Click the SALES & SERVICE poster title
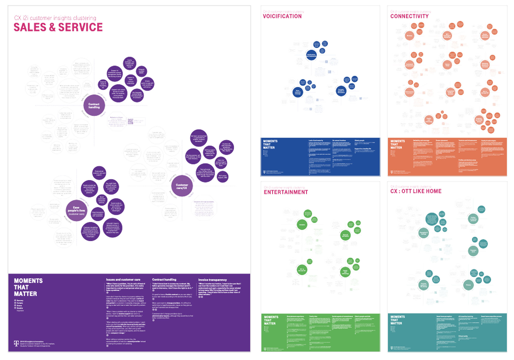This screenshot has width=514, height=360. click(58, 27)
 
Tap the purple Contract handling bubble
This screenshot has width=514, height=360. click(94, 105)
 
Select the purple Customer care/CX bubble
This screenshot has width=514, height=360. click(182, 186)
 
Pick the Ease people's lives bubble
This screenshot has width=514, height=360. click(76, 210)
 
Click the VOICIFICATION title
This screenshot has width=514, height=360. click(282, 16)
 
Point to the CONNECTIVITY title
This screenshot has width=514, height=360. click(409, 16)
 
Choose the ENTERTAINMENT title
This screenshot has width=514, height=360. click(286, 192)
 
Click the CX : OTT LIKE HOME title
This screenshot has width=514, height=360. click(416, 191)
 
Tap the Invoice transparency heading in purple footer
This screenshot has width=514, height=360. click(212, 280)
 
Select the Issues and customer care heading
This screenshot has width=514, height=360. click(123, 280)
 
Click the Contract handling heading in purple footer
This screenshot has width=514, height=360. click(164, 280)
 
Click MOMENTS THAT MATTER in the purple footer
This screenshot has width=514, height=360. click(28, 287)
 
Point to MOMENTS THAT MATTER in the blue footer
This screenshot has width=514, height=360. click(270, 144)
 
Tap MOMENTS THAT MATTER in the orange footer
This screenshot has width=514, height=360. click(397, 144)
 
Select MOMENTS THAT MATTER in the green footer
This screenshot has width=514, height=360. click(271, 320)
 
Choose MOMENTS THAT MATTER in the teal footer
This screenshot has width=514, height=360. click(397, 320)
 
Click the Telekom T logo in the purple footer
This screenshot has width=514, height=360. click(16, 343)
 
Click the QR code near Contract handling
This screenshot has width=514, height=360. click(131, 121)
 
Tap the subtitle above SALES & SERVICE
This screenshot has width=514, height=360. click(55, 18)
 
